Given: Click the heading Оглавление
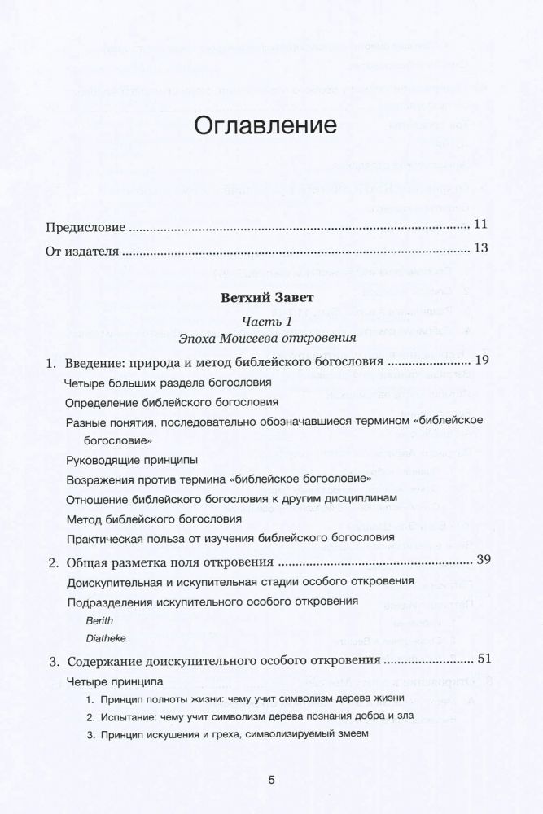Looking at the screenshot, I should pos(262,127).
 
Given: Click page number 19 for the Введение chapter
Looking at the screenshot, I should pos(480,361).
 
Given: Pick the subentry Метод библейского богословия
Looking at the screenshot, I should pos(153,519).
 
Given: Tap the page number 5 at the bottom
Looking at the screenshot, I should pos(272,780).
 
